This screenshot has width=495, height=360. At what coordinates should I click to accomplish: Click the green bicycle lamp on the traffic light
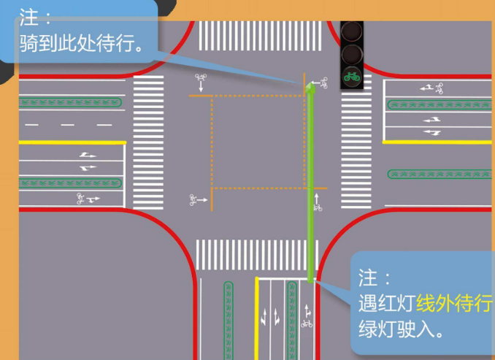tap(352, 76)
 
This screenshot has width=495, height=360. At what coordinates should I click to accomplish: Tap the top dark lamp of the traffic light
tap(352, 31)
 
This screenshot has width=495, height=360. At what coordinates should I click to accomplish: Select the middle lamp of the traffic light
tap(352, 54)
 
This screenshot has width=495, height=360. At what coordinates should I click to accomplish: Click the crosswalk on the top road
tap(260, 36)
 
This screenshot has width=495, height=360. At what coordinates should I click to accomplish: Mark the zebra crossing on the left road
tap(148, 142)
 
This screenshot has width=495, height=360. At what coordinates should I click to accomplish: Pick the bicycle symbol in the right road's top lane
tap(437, 90)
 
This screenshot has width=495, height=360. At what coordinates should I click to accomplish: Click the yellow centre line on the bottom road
tap(257, 318)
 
